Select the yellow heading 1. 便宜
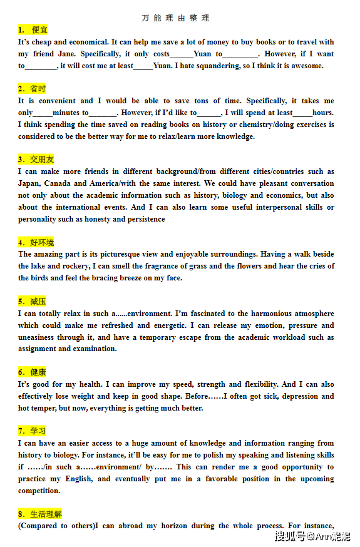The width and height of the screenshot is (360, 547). pos(33,30)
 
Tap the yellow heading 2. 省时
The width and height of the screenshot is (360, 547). pos(32,89)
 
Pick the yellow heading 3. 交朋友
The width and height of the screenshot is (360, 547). pos(36,160)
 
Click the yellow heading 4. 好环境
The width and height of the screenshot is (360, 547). pos(36,242)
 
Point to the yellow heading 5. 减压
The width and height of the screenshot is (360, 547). pos(32,301)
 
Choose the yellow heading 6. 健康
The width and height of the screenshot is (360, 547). pos(32,372)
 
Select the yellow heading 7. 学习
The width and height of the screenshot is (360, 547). pos(32,431)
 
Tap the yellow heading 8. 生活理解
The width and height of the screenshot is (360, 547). pos(40,514)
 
